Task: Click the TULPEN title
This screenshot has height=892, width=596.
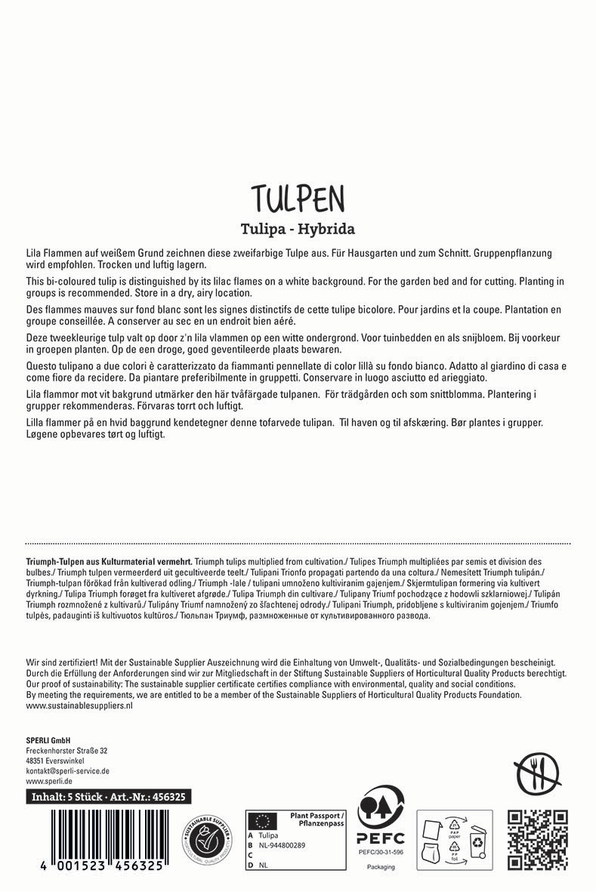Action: pyautogui.click(x=298, y=198)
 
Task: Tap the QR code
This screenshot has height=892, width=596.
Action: pyautogui.click(x=538, y=839)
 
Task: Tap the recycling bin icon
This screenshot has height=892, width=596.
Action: pyautogui.click(x=477, y=845)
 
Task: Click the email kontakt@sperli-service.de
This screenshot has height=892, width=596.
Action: pyautogui.click(x=68, y=771)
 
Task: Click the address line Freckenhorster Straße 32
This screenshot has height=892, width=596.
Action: pyautogui.click(x=66, y=751)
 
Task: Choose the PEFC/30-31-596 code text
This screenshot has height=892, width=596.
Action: pyautogui.click(x=381, y=852)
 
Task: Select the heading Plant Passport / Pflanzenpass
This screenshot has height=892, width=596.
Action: pyautogui.click(x=317, y=819)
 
